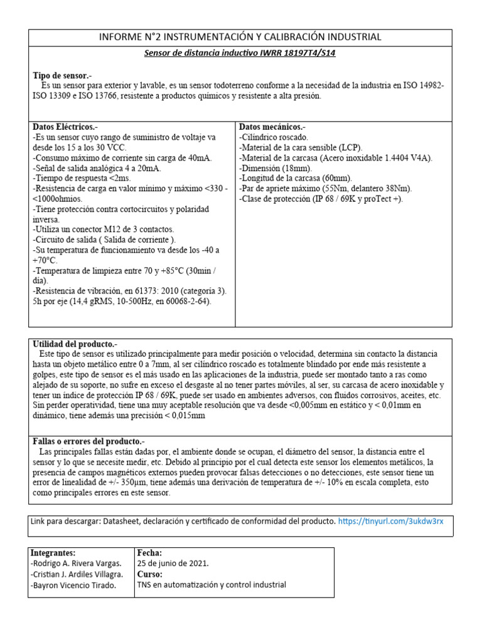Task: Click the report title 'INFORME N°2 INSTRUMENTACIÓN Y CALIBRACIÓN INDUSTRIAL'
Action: pyautogui.click(x=240, y=37)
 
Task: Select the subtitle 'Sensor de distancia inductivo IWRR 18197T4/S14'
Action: pyautogui.click(x=240, y=53)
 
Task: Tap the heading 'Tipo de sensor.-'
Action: pyautogui.click(x=62, y=75)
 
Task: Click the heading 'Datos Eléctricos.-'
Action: pyautogui.click(x=65, y=127)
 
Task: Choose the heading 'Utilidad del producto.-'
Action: pyautogui.click(x=75, y=345)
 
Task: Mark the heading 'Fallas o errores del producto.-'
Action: pyautogui.click(x=88, y=441)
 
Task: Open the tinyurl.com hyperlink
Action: pyautogui.click(x=395, y=522)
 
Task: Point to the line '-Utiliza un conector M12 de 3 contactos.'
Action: pyautogui.click(x=103, y=229)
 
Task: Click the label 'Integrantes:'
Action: pyautogui.click(x=53, y=553)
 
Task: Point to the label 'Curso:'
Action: pyautogui.click(x=149, y=574)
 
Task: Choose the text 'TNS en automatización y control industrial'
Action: pyautogui.click(x=211, y=585)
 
